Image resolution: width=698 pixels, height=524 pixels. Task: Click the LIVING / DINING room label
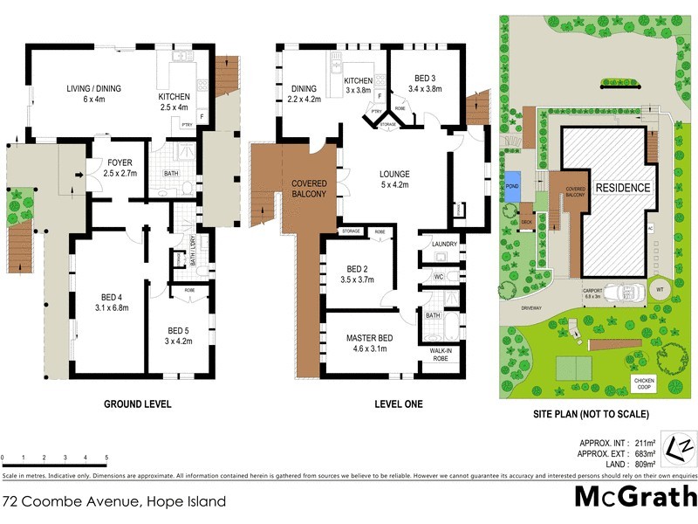click(x=94, y=88)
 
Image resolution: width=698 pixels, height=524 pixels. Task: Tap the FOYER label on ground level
click(x=119, y=162)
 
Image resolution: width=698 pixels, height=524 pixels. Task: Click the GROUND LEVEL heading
click(x=138, y=404)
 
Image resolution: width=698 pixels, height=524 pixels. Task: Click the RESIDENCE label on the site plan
click(x=622, y=188)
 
